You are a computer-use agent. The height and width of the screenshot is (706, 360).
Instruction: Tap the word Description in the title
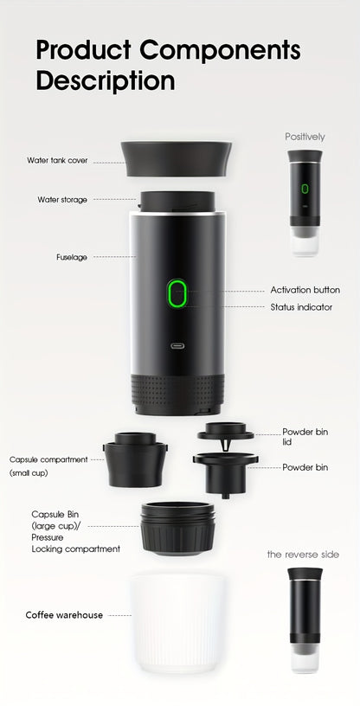pos(105,81)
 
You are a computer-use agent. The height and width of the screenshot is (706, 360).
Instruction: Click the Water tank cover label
pos(57,161)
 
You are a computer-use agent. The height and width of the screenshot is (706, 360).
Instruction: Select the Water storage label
pos(62,199)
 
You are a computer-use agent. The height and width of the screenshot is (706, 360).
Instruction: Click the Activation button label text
pos(305,290)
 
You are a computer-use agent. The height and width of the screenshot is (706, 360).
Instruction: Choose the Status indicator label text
pos(301,307)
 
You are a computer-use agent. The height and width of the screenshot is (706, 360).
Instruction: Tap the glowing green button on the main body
pos(177,294)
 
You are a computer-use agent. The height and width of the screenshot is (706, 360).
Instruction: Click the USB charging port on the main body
pos(177,347)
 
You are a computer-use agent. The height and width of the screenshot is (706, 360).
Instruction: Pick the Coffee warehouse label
pos(64,615)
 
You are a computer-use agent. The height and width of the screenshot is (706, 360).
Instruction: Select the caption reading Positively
pos(305,137)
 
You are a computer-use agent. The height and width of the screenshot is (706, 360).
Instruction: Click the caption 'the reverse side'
pos(303,554)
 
